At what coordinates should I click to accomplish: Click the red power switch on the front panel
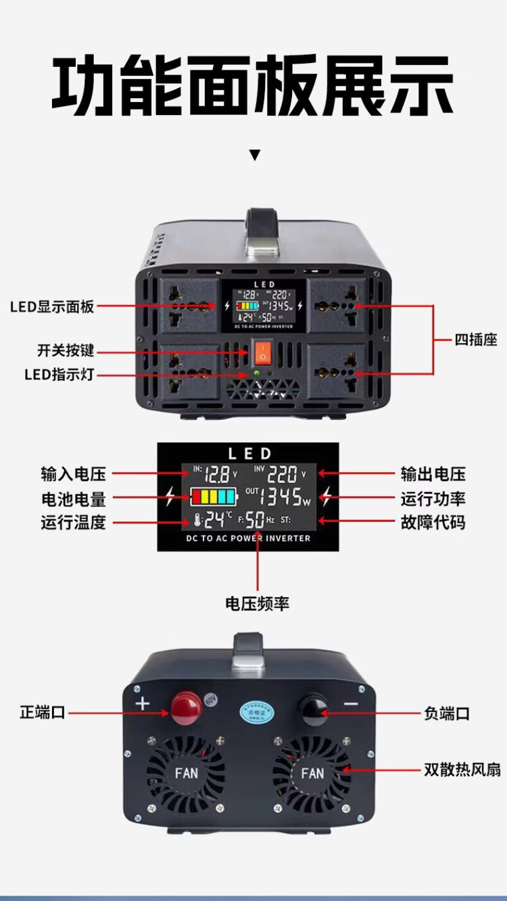[x=262, y=350]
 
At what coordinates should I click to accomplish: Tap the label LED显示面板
[x=52, y=306]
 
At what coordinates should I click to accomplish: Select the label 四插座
[x=475, y=340]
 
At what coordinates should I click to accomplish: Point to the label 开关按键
[x=66, y=351]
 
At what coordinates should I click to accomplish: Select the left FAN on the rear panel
[x=186, y=772]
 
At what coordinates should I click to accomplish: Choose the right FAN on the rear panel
[x=312, y=772]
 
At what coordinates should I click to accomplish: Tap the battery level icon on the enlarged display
[x=213, y=497]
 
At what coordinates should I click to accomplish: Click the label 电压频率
[x=257, y=603]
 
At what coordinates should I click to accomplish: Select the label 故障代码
[x=433, y=522]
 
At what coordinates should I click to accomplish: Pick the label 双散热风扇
[x=462, y=769]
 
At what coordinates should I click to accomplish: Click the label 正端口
[x=43, y=712]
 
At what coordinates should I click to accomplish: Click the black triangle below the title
[x=254, y=156]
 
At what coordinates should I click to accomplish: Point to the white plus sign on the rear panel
[x=143, y=703]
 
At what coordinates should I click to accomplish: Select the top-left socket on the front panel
[x=189, y=305]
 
